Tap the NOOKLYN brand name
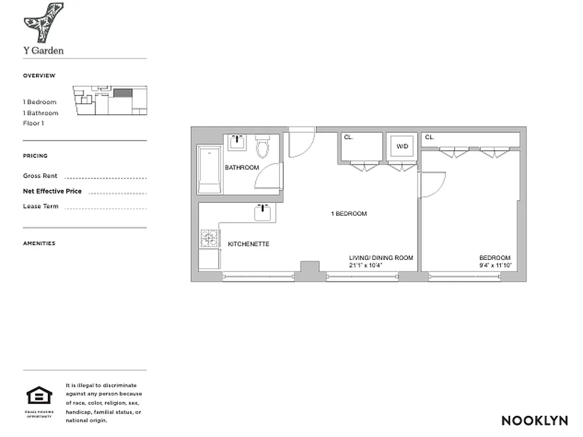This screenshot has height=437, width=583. [x=534, y=421]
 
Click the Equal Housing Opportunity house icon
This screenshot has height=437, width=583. [x=39, y=395]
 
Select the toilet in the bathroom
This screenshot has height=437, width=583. [x=263, y=146]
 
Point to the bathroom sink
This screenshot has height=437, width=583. [x=237, y=143]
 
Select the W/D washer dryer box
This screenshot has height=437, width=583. [x=402, y=146]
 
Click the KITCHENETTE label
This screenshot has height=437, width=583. [x=248, y=244]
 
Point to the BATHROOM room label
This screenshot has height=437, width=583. [x=242, y=168]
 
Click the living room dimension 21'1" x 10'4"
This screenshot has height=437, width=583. [x=366, y=265]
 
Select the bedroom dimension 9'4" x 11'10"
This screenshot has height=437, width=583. [x=495, y=265]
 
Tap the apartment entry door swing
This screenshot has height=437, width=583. [x=301, y=144]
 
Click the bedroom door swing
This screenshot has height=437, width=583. [x=431, y=185]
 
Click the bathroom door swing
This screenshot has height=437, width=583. [x=269, y=176]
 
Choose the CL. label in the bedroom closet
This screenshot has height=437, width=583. [x=430, y=138]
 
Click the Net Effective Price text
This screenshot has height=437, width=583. [x=52, y=191]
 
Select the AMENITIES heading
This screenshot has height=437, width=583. [x=39, y=244]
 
